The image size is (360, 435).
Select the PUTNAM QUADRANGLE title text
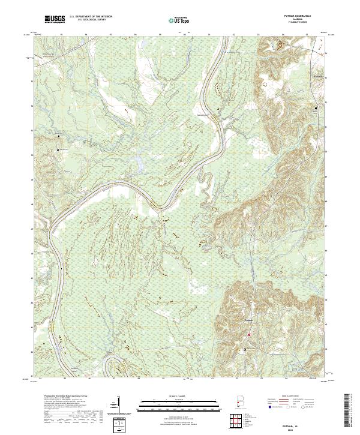(x=298, y=16)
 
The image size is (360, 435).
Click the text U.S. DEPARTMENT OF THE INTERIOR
(x=91, y=17)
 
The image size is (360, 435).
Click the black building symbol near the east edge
(x=318, y=108)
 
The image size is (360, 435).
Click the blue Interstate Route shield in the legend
(x=270, y=406)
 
